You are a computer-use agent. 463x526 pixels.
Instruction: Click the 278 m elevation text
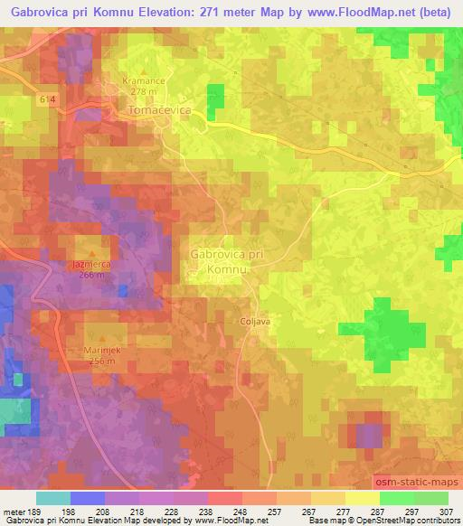click(144, 91)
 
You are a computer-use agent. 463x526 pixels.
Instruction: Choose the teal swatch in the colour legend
click(53, 498)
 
